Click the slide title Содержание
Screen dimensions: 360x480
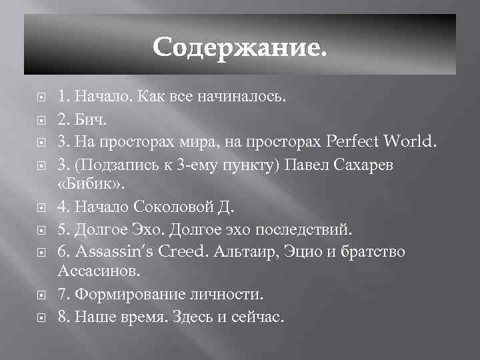(240, 47)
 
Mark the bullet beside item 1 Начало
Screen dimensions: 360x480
(41, 98)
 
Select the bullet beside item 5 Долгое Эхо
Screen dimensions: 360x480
(41, 230)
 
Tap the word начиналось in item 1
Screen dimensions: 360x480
(246, 98)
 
